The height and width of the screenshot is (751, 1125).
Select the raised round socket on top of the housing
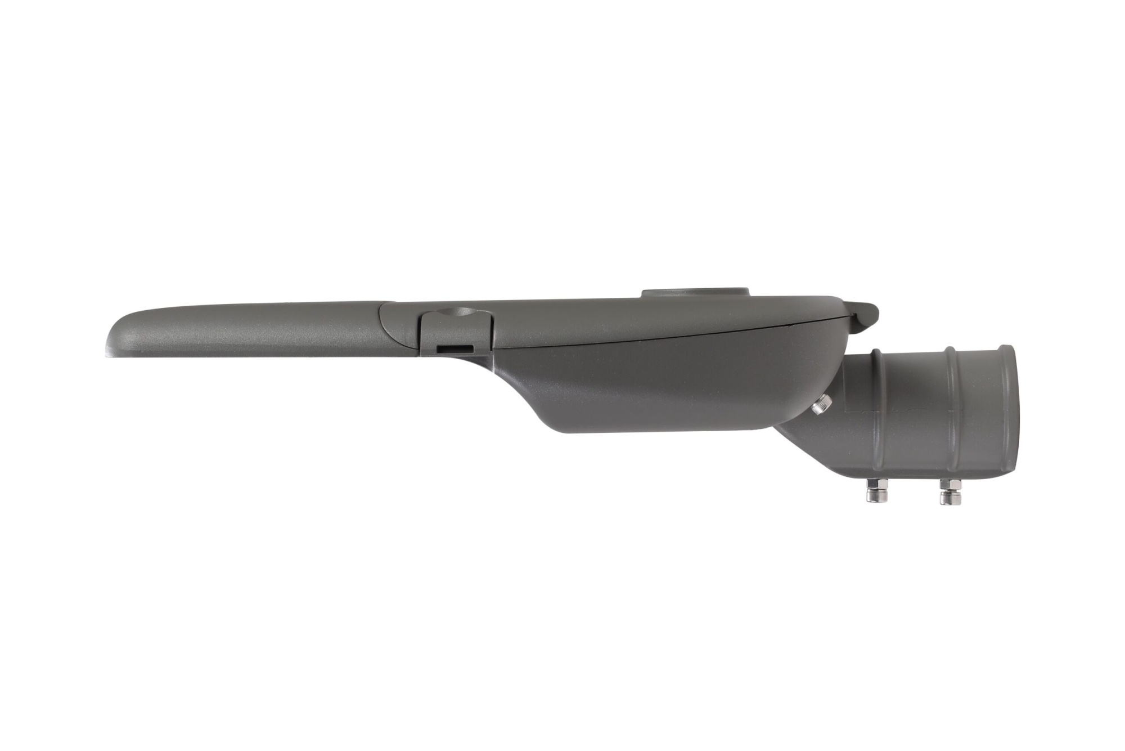[x=695, y=292]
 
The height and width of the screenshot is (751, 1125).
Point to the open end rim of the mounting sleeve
[x=1010, y=411]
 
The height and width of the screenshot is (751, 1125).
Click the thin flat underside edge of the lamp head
[x=253, y=355]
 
